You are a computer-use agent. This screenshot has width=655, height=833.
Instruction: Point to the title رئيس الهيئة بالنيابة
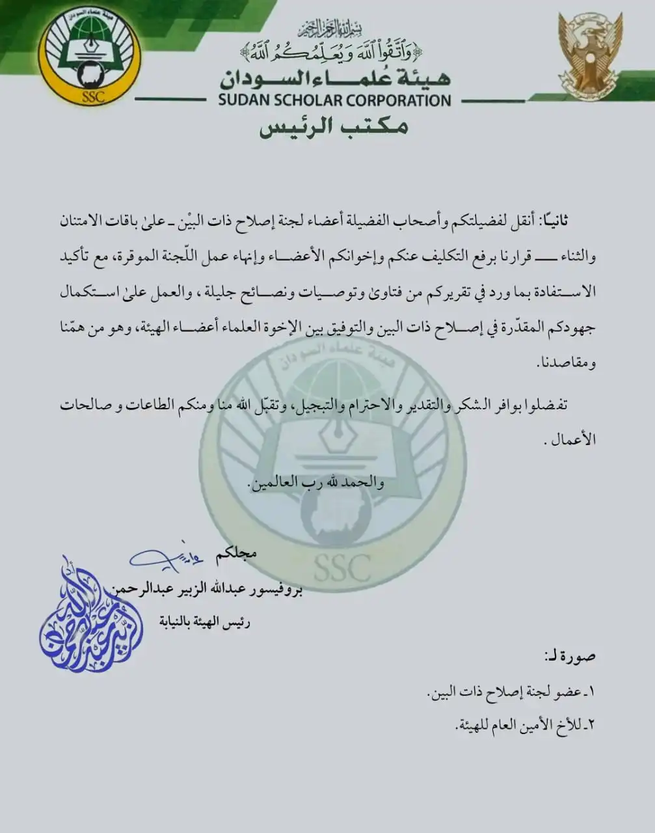[x=205, y=622]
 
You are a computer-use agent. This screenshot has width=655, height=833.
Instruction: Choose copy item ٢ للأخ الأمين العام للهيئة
[x=520, y=724]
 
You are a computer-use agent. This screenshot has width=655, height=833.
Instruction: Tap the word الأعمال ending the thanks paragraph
[x=572, y=439]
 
